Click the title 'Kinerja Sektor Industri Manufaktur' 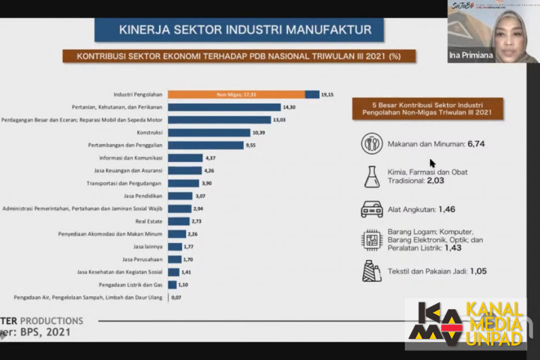(240, 30)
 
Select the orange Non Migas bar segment (236, 94)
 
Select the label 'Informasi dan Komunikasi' (132, 158)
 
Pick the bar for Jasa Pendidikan (180, 196)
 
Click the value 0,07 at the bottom (177, 298)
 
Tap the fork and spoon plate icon (371, 143)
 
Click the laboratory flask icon (371, 176)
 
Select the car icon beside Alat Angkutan (371, 208)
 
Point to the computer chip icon (371, 239)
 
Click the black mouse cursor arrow (433, 163)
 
